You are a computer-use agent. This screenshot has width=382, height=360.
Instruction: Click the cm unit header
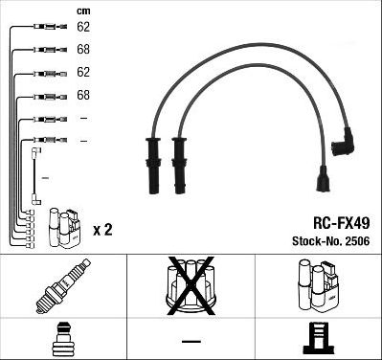pyautogui.click(x=83, y=11)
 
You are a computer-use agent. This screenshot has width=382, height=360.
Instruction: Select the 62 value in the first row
pyautogui.click(x=83, y=28)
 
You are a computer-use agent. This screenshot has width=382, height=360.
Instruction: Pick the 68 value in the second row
pyautogui.click(x=83, y=49)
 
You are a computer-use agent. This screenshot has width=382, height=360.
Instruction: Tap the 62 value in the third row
pyautogui.click(x=83, y=72)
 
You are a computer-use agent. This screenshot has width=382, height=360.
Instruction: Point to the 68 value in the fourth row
pyautogui.click(x=83, y=95)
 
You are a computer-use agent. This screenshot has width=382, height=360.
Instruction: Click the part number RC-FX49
pyautogui.click(x=330, y=217)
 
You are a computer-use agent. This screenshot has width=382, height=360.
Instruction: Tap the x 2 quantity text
pyautogui.click(x=103, y=230)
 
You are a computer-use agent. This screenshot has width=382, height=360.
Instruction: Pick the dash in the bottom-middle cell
pyautogui.click(x=191, y=340)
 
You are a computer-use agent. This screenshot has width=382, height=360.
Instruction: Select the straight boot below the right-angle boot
pyautogui.click(x=323, y=183)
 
